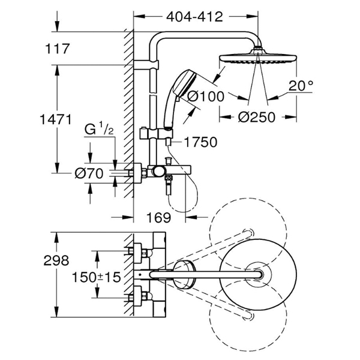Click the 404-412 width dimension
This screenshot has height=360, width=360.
click(194, 17)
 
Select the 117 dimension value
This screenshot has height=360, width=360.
click(58, 49)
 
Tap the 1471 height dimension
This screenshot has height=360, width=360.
click(56, 119)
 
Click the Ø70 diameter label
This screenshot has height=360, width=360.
click(89, 173)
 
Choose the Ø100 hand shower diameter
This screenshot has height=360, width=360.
click(205, 96)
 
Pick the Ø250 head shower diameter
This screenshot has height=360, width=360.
click(256, 117)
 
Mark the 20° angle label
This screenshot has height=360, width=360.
click(301, 86)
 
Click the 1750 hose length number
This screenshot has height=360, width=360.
click(200, 142)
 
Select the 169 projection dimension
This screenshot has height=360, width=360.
click(159, 217)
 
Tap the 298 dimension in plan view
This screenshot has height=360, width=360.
click(56, 260)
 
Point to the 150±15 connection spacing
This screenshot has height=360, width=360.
click(96, 277)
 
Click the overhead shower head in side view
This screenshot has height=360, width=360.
click(258, 58)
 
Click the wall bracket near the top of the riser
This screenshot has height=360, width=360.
click(146, 65)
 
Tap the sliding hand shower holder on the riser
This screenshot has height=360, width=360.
click(156, 134)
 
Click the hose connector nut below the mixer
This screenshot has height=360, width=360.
click(169, 178)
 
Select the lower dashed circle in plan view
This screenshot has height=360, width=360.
click(248, 318)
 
